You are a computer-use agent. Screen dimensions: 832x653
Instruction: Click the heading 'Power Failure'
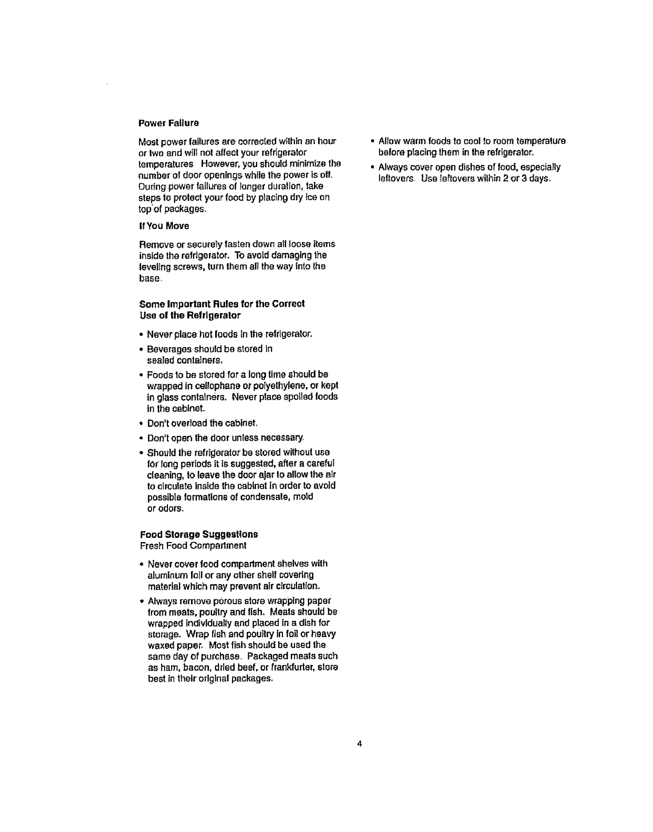(x=168, y=123)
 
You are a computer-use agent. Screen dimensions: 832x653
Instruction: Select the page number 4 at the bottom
(x=360, y=743)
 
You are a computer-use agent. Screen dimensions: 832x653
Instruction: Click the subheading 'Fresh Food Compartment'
(x=193, y=546)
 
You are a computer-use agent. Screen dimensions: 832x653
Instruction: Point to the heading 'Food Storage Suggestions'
(x=198, y=535)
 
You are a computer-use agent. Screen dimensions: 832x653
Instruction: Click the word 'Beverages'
(x=171, y=349)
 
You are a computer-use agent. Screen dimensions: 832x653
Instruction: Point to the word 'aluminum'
(x=165, y=575)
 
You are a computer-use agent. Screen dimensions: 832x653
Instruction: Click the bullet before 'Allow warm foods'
(x=372, y=141)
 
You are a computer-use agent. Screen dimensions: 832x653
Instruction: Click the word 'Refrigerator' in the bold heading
(x=215, y=315)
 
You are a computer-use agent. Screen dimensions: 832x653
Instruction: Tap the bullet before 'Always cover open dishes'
(x=372, y=167)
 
